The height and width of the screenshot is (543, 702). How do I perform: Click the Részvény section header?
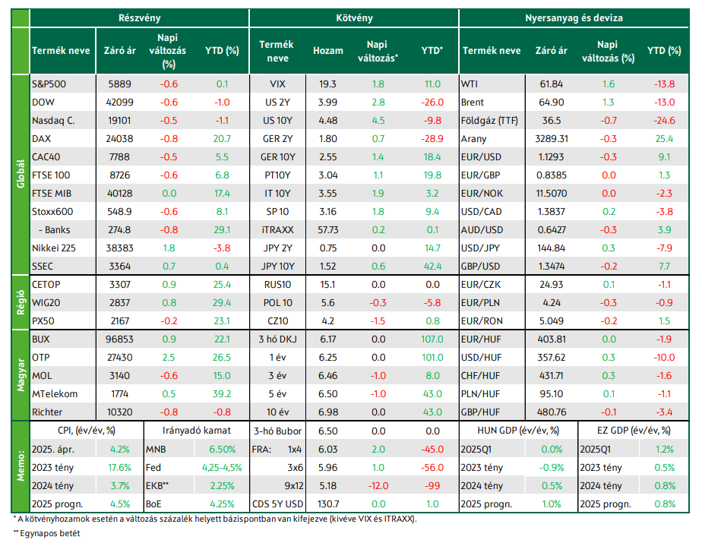(139, 18)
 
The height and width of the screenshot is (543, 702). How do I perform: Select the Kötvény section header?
(354, 18)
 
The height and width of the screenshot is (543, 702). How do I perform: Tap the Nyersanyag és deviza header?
(574, 18)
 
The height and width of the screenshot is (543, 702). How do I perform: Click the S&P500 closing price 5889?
(119, 84)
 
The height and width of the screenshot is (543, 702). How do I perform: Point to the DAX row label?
(41, 139)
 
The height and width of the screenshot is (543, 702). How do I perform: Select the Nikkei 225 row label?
(54, 248)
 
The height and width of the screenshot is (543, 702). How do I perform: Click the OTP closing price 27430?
(119, 358)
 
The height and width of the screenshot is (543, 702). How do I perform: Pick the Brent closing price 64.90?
(551, 102)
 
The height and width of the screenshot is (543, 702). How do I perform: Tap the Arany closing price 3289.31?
(551, 139)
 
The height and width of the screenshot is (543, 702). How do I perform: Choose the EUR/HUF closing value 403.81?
(551, 339)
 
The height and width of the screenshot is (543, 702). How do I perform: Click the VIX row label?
(277, 84)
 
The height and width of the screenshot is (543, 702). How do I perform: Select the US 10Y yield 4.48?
(327, 121)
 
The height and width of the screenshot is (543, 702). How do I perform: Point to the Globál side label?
(21, 174)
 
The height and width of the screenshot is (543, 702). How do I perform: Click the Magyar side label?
(21, 375)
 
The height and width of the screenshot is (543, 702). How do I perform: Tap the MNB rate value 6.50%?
(222, 450)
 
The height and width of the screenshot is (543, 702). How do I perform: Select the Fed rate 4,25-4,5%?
(222, 468)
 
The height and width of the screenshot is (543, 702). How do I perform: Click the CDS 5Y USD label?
(277, 504)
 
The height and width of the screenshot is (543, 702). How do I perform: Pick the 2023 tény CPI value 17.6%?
(119, 468)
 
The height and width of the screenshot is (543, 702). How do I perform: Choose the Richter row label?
(47, 412)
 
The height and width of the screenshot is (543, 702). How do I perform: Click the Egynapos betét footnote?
(46, 533)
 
